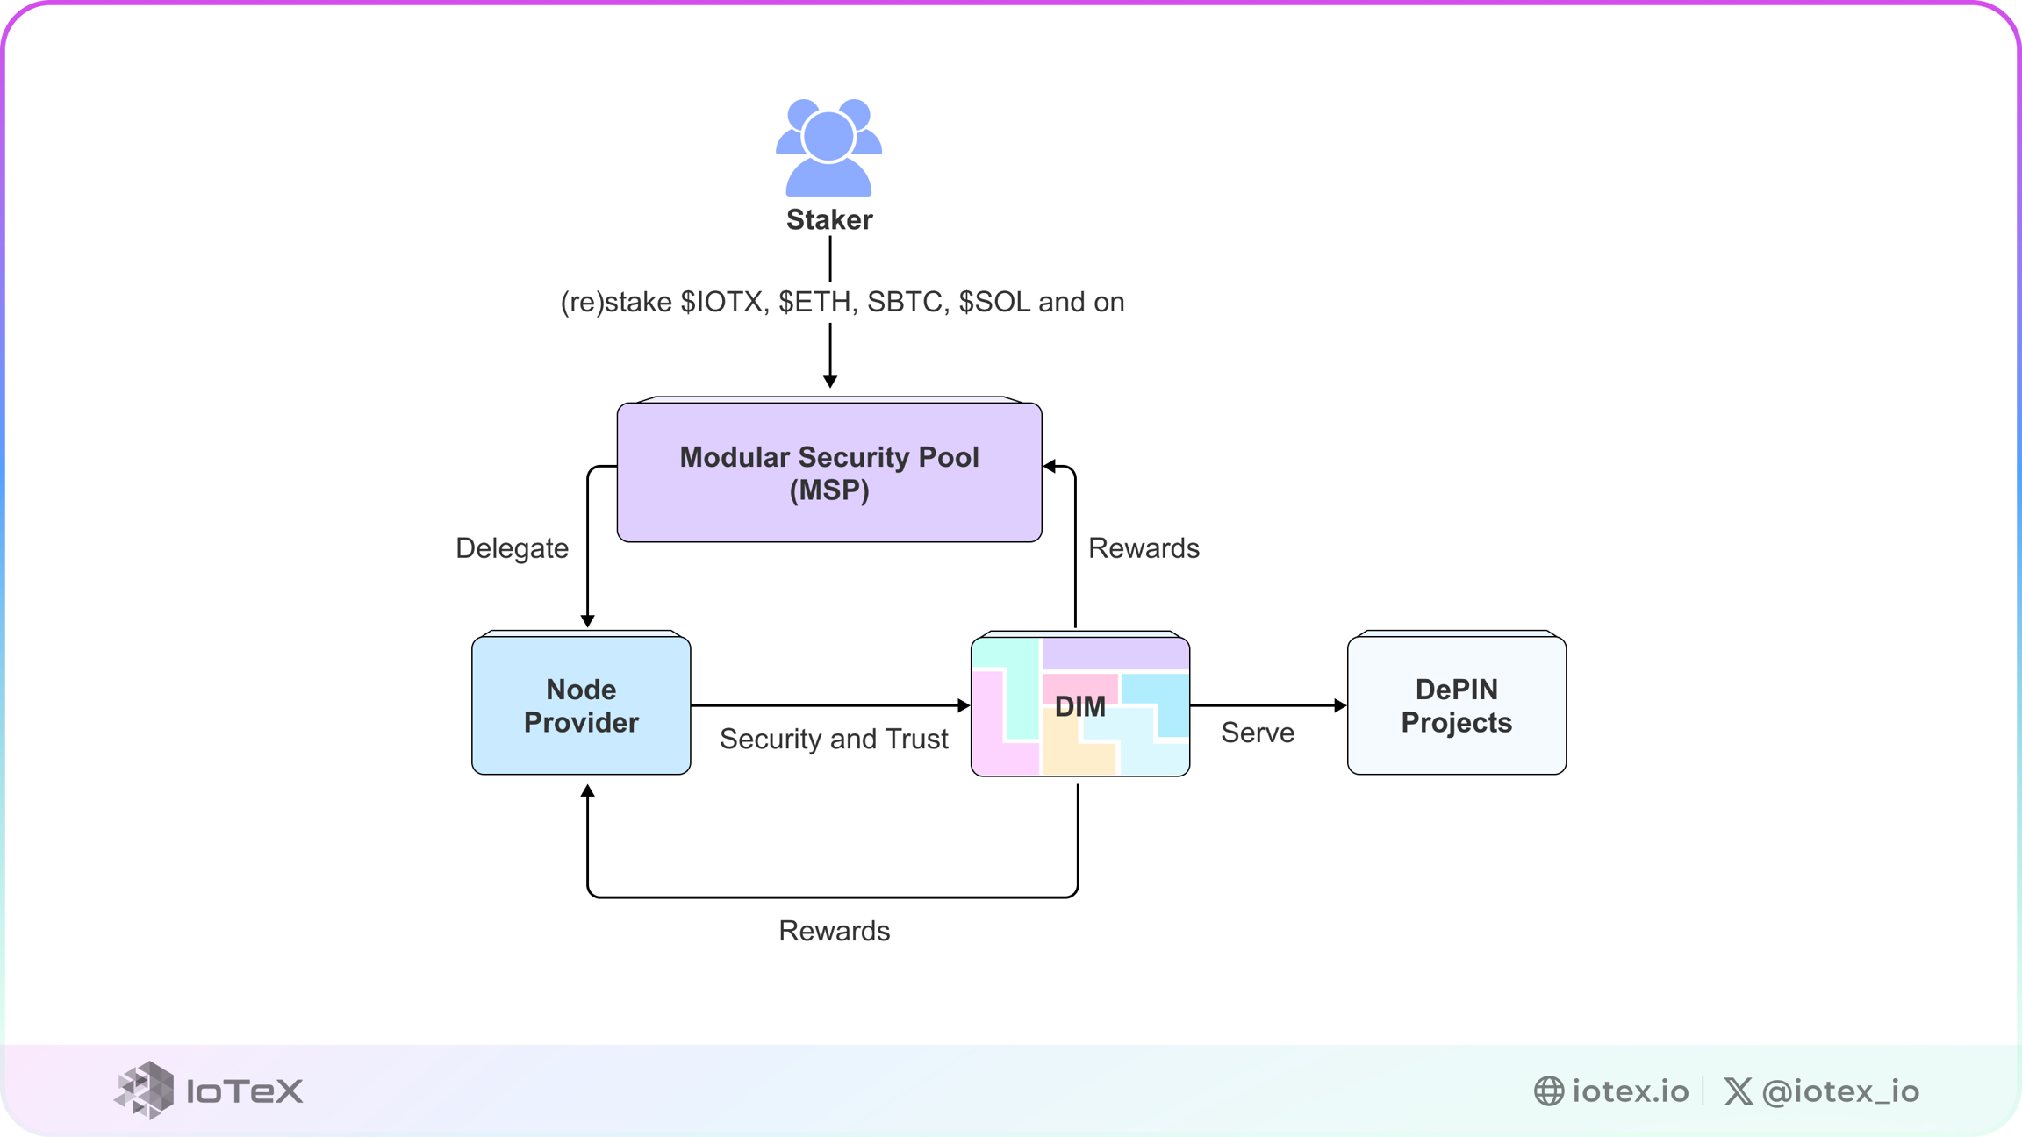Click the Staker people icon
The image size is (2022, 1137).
point(828,147)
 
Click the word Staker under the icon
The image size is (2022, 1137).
point(828,219)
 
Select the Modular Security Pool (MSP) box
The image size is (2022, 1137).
point(828,473)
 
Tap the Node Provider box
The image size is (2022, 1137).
point(581,705)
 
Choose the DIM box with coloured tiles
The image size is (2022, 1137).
point(1080,705)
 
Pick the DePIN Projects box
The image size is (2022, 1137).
point(1456,705)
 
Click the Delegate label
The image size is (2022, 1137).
point(512,548)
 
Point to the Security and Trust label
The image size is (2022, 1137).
point(834,739)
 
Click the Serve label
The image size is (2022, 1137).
point(1257,733)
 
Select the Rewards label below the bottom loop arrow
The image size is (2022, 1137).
point(834,931)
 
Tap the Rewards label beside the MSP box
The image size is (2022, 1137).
point(1144,548)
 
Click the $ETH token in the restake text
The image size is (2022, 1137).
point(815,302)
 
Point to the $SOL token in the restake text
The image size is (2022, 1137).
point(994,302)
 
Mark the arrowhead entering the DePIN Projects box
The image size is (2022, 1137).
point(1340,705)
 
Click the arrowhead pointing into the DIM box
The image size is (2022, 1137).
point(964,705)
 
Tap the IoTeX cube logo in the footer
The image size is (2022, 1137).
point(145,1091)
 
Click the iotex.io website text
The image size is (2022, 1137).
point(1630,1091)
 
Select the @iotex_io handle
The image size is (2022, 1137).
point(1840,1091)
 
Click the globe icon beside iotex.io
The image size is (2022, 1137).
point(1549,1091)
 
